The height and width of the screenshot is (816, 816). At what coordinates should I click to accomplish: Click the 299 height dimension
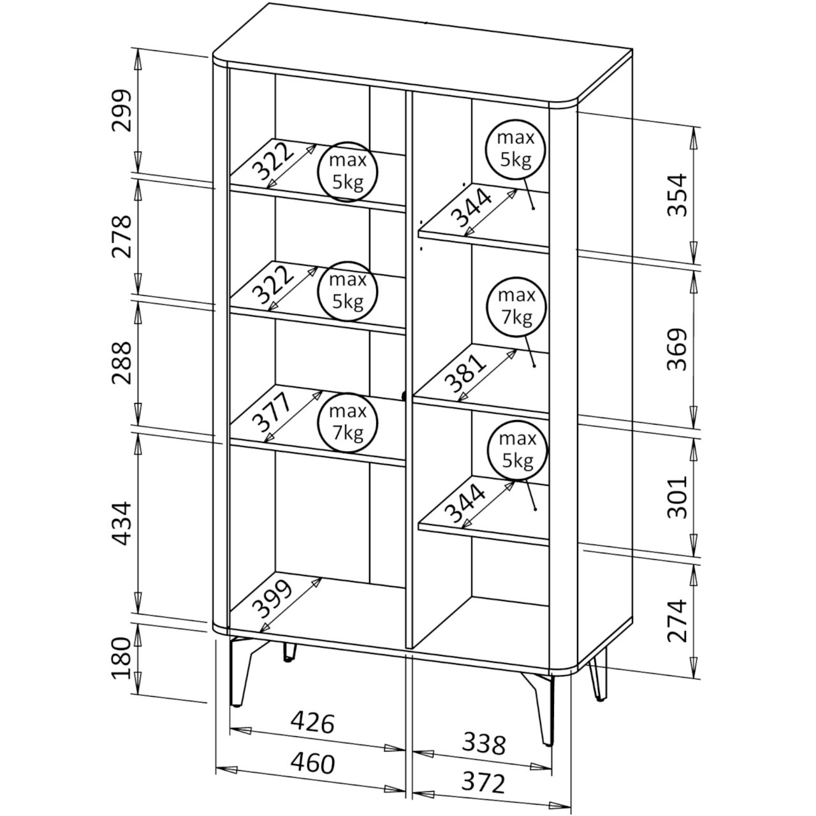tap(120, 110)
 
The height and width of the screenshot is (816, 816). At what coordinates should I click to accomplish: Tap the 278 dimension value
tap(120, 236)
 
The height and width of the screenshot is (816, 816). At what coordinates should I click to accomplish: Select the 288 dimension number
tap(120, 363)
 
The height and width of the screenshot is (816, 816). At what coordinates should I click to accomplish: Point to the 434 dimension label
tap(120, 523)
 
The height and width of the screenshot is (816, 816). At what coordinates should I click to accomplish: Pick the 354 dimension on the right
tap(678, 194)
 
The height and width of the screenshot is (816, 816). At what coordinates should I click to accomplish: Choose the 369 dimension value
tap(678, 349)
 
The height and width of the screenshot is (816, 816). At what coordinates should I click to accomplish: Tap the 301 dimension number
tap(678, 495)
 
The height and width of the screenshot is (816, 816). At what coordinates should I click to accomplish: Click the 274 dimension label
tap(678, 620)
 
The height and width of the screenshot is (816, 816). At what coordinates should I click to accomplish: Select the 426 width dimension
tap(312, 723)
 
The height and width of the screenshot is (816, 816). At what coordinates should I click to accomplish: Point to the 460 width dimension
tap(312, 763)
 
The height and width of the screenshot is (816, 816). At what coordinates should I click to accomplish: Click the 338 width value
tap(484, 743)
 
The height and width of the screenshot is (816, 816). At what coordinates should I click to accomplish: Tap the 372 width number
tap(484, 782)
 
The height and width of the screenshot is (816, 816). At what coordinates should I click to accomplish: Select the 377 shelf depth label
tap(271, 414)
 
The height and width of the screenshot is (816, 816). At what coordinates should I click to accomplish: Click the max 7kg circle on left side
tap(347, 422)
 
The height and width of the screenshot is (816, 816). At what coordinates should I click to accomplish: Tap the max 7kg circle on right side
tap(516, 307)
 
